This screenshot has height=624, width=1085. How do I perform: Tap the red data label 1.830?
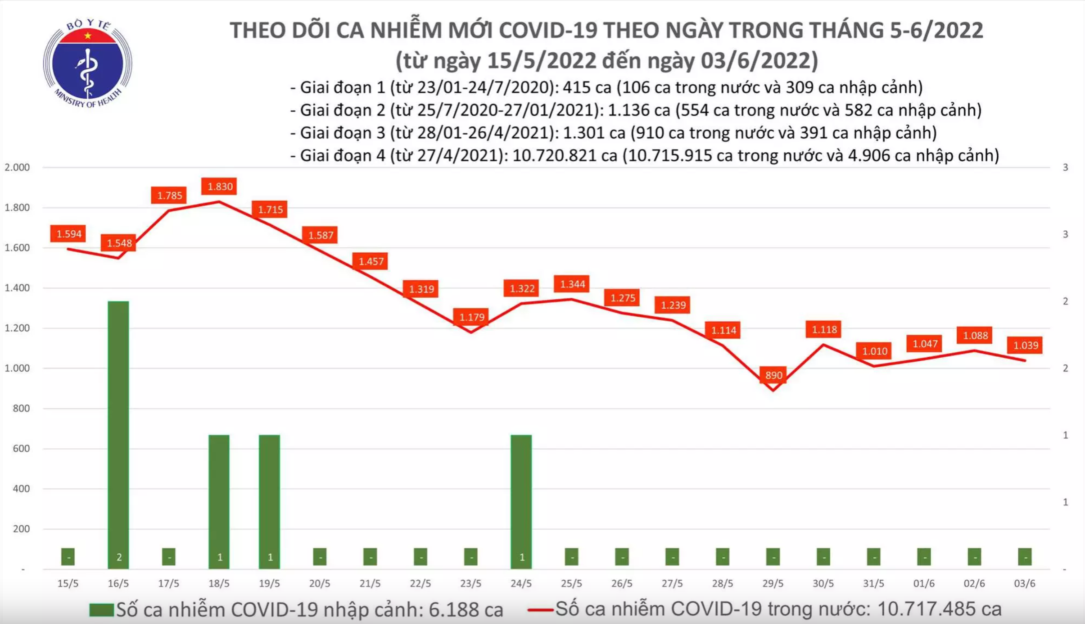(x=220, y=187)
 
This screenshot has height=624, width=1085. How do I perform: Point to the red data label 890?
(x=773, y=375)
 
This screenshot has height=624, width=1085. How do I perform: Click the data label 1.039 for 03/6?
(x=1025, y=346)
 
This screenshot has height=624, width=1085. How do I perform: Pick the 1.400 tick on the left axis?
(x=17, y=288)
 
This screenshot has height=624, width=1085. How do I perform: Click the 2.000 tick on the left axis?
(x=17, y=168)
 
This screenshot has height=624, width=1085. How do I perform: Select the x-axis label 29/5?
(x=773, y=584)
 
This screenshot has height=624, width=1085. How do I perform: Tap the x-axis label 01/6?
(x=924, y=584)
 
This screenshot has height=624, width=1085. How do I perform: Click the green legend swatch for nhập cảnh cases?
(x=101, y=610)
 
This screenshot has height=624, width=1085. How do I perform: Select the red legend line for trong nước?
(x=540, y=610)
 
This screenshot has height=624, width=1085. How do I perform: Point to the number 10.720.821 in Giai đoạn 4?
(x=564, y=156)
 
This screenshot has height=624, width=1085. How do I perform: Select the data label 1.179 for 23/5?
(x=471, y=317)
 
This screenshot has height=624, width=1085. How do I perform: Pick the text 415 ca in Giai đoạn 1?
(x=582, y=87)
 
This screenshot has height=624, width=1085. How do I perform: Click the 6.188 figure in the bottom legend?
(x=453, y=610)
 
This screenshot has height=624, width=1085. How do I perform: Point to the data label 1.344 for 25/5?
(x=572, y=284)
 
